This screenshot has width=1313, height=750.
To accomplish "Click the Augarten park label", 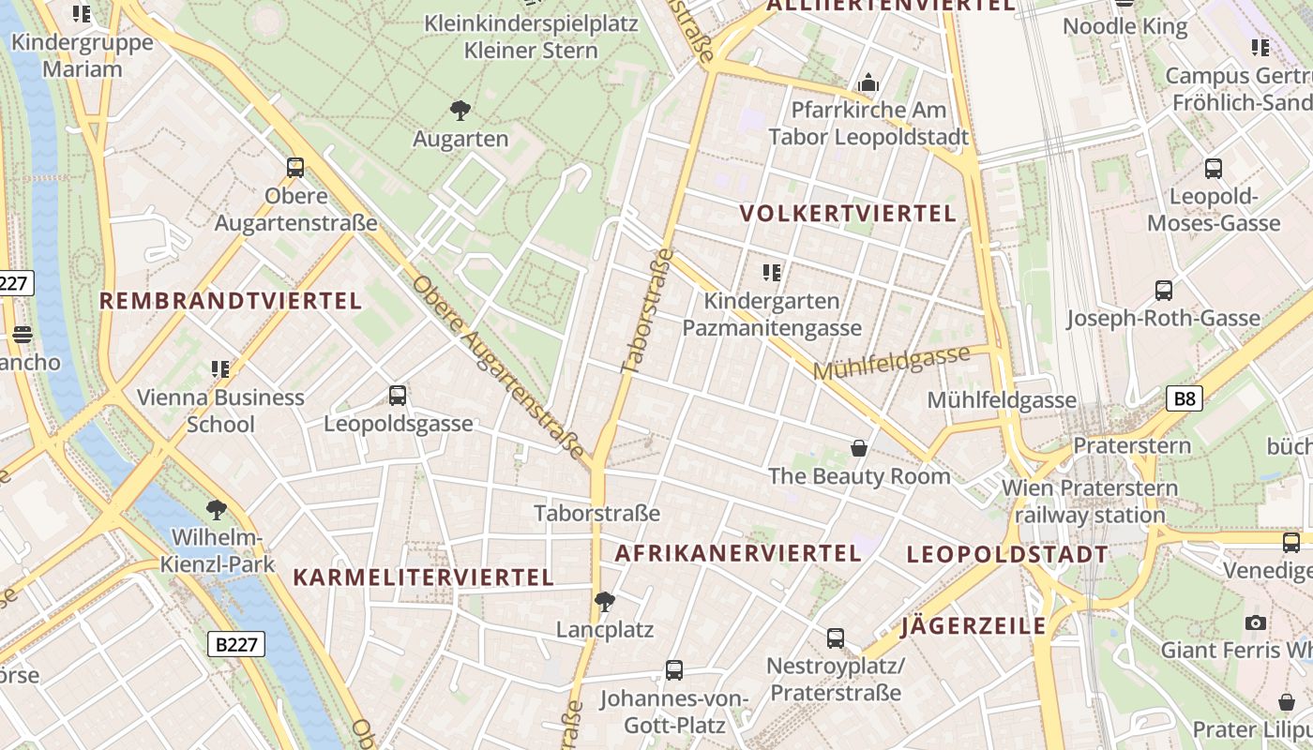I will tap(460, 139).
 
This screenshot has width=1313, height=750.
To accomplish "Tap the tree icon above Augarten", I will tap(460, 111).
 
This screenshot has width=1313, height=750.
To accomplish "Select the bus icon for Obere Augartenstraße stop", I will tap(295, 168).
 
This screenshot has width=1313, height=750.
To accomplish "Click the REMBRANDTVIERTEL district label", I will tap(231, 301).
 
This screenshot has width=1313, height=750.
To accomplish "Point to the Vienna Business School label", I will tap(220, 410).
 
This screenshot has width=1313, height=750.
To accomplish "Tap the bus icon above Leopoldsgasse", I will tap(398, 396).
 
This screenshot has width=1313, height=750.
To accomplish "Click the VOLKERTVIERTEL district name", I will tap(848, 214).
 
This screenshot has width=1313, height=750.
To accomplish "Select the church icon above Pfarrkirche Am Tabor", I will tap(868, 83).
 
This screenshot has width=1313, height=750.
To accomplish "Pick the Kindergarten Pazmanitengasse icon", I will tap(772, 273).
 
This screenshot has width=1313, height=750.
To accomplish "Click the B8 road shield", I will tap(1185, 398).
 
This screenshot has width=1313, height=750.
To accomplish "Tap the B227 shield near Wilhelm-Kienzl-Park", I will tap(235, 644).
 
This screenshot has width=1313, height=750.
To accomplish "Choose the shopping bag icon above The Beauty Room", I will tap(858, 448).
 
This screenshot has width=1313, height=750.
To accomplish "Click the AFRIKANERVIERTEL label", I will tap(737, 553).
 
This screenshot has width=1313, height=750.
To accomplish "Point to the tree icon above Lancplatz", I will tap(605, 601).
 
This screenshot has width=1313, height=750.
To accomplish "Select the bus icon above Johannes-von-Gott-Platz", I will tap(674, 669).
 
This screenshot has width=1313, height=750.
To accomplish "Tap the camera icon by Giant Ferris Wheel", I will tap(1255, 622).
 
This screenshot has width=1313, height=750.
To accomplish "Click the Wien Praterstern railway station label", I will tap(1090, 502).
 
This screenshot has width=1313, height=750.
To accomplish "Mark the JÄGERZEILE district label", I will tap(973, 626).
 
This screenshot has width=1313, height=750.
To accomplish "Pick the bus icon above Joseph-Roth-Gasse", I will tap(1164, 291).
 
